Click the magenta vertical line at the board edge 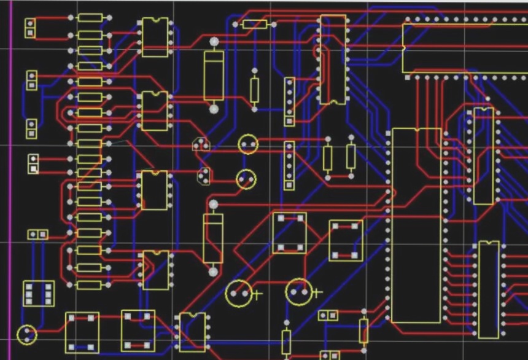(10, 184)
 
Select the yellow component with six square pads (38, 294)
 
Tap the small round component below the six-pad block (27, 335)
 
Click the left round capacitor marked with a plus (239, 293)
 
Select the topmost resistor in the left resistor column (90, 18)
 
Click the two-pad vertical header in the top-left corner (29, 28)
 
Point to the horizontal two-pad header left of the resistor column (37, 234)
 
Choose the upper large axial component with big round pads (214, 75)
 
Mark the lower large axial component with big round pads (213, 237)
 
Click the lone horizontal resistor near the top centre (255, 25)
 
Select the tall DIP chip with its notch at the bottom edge (332, 60)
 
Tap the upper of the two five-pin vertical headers (289, 101)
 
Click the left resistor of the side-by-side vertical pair (327, 158)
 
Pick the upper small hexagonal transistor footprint (200, 145)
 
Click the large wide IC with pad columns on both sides (416, 225)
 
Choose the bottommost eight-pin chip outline (192, 332)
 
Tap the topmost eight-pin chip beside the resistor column (155, 37)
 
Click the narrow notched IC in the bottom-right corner (489, 289)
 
